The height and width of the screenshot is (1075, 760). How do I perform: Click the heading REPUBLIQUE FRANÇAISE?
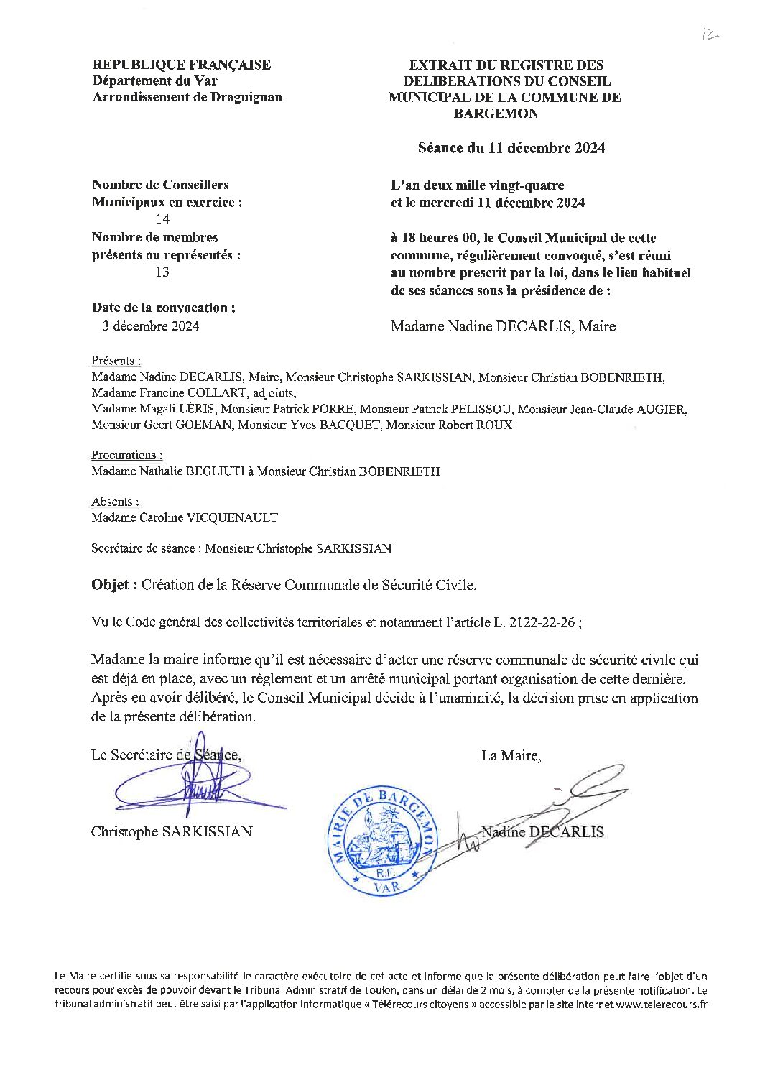(x=182, y=65)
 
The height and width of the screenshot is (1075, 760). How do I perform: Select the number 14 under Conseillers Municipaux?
(x=162, y=220)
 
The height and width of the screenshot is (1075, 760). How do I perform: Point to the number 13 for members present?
(x=162, y=273)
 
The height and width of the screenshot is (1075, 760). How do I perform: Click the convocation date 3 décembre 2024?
(x=151, y=326)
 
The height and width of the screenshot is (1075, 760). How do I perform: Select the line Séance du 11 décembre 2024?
(x=511, y=148)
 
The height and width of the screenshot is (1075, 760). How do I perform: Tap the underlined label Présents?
(x=116, y=361)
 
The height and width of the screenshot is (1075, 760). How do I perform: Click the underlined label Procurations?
(x=126, y=455)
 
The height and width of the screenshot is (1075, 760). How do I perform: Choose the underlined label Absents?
(x=115, y=502)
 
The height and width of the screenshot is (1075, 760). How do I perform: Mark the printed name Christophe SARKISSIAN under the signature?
(x=172, y=832)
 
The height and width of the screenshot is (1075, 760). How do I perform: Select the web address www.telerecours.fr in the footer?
(x=662, y=1005)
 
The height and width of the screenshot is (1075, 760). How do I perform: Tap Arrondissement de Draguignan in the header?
(x=187, y=97)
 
